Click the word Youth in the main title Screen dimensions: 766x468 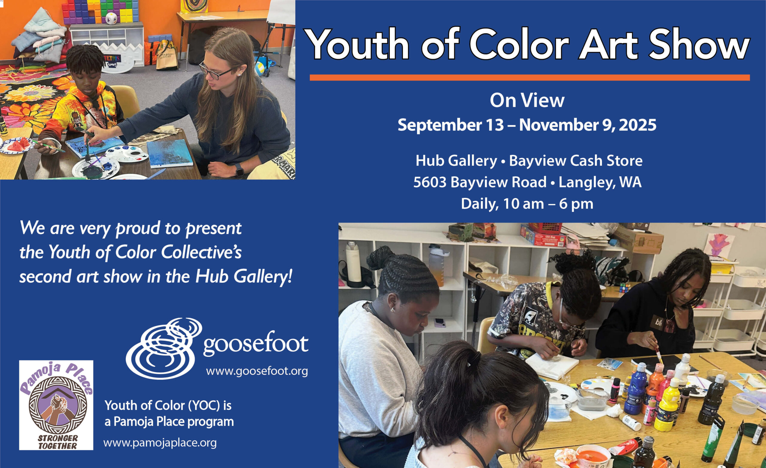pyautogui.click(x=357, y=44)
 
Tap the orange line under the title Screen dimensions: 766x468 pyautogui.click(x=530, y=78)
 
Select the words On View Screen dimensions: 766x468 pyautogui.click(x=527, y=101)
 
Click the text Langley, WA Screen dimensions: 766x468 pyautogui.click(x=600, y=183)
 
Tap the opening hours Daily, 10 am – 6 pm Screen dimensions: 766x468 pyautogui.click(x=527, y=204)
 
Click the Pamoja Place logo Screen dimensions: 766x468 pyautogui.click(x=56, y=405)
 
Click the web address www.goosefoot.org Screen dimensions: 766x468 pyautogui.click(x=257, y=371)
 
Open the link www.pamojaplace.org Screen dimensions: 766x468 pyautogui.click(x=160, y=443)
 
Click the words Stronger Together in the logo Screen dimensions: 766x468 pyautogui.click(x=57, y=442)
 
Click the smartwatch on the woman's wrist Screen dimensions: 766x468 pyautogui.click(x=239, y=170)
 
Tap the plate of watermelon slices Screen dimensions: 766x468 pyautogui.click(x=17, y=145)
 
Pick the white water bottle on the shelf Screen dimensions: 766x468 pyautogui.click(x=353, y=262)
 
